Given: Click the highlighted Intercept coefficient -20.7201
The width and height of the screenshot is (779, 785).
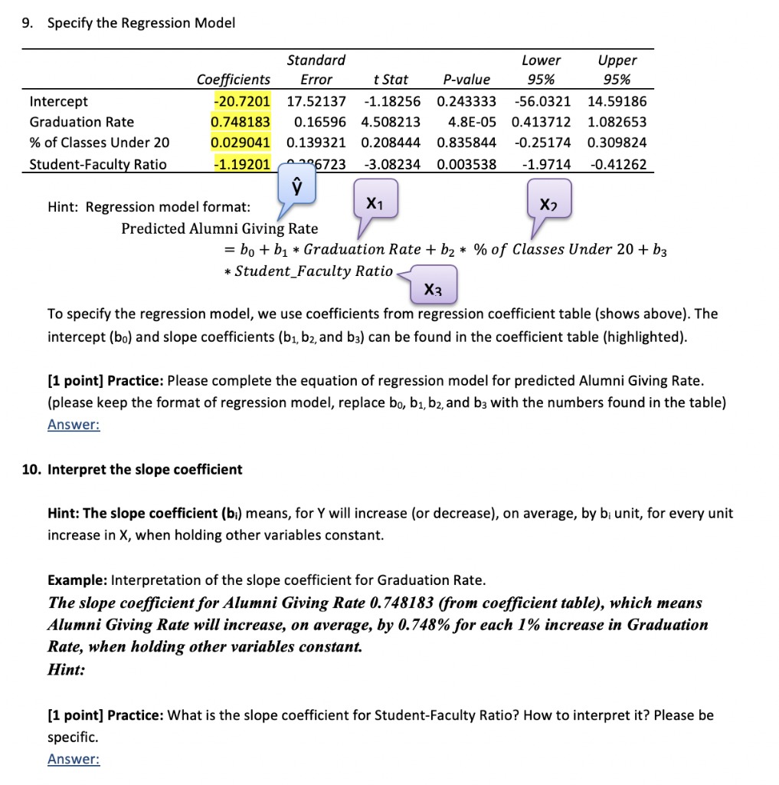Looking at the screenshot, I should [x=241, y=101].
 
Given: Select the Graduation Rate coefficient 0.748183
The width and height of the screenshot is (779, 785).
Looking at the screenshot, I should [x=241, y=122].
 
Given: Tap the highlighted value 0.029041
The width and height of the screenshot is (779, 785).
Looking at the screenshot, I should [x=241, y=143].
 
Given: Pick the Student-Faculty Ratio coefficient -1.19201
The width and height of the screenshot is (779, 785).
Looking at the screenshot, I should [x=241, y=163].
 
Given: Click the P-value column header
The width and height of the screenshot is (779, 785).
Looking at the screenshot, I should [x=466, y=80].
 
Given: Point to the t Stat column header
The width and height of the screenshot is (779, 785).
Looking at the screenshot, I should [x=391, y=80].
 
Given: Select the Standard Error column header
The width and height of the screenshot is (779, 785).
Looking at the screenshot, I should [x=316, y=70].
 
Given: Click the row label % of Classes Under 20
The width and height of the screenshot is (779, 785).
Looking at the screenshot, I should [x=100, y=143].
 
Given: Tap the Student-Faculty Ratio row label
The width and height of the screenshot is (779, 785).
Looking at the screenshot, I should [x=97, y=163].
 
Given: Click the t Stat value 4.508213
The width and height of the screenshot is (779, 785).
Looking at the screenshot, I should [x=391, y=122].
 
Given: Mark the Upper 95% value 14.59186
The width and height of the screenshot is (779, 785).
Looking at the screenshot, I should [x=617, y=101].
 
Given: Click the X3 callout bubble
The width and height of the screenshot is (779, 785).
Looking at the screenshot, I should [x=434, y=288].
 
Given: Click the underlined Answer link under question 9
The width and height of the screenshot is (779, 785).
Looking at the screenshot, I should [x=74, y=425].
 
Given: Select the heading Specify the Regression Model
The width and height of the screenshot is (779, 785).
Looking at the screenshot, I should [x=141, y=23].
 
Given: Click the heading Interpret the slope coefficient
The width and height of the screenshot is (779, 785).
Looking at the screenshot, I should [x=145, y=469].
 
